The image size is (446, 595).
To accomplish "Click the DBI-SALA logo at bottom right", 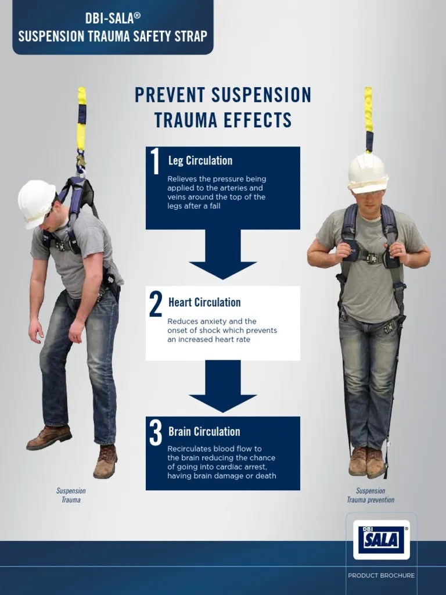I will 381,539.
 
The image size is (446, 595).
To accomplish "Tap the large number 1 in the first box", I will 155,162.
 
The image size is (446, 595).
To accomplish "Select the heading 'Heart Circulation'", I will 204,302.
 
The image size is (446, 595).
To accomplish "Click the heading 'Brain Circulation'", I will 204,432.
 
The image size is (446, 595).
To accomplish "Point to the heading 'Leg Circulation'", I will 200,161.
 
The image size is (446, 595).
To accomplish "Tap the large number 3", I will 155,433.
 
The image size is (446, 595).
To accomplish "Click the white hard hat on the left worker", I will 36,202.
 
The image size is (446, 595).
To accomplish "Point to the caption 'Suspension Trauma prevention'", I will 371,495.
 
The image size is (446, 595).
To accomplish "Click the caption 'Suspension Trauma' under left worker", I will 71,495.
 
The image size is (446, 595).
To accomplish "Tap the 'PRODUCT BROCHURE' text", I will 381,575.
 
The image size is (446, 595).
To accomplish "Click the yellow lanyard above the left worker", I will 82,122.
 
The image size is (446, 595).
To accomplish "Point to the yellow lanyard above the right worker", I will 368,116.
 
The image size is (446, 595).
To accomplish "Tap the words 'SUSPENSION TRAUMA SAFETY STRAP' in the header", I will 112,36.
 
